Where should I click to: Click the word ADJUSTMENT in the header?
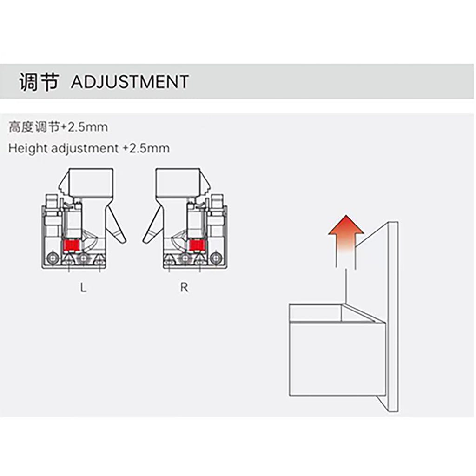(130, 82)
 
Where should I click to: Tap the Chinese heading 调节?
(39, 82)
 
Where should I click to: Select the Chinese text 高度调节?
(34, 127)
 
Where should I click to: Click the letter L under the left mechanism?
(83, 287)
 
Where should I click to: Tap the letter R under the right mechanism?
(184, 287)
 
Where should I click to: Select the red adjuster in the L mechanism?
(71, 245)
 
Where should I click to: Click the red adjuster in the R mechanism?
(197, 245)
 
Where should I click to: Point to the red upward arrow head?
(346, 225)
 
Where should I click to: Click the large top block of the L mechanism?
(91, 182)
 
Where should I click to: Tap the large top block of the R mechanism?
(178, 182)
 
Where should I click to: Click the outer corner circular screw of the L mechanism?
(53, 258)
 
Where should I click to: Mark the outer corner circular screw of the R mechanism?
(216, 258)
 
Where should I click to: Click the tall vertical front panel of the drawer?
(393, 317)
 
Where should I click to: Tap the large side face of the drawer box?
(337, 359)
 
